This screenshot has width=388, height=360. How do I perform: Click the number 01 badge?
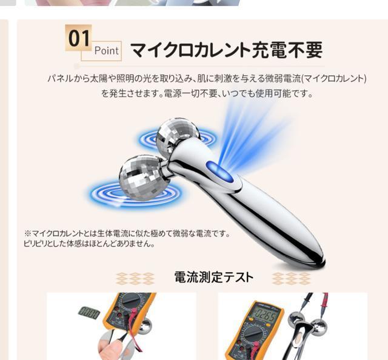(x=78, y=38)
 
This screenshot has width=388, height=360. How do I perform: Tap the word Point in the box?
(x=107, y=51)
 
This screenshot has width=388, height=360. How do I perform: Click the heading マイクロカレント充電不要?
(x=226, y=49)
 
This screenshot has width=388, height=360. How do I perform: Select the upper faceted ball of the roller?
(x=178, y=138)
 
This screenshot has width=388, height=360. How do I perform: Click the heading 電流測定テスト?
(x=213, y=278)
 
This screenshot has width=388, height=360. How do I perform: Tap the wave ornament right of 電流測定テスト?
(x=290, y=278)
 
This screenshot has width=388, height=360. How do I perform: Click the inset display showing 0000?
(x=89, y=312)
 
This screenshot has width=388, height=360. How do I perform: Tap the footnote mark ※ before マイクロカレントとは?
(x=27, y=233)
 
